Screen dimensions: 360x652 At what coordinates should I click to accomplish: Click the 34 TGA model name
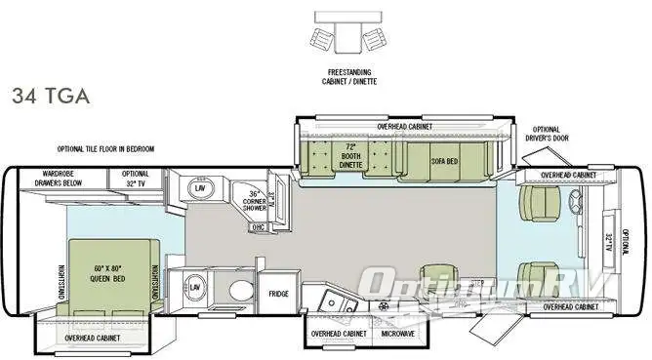click(51, 96)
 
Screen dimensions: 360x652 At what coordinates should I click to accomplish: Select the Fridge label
click(278, 294)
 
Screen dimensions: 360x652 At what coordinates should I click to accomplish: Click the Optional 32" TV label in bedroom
click(136, 179)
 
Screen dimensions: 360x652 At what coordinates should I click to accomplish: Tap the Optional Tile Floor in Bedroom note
click(104, 149)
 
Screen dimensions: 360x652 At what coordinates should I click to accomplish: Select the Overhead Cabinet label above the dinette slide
click(405, 127)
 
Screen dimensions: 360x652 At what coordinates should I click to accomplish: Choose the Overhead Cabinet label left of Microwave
click(339, 334)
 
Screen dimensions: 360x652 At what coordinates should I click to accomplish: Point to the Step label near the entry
click(477, 284)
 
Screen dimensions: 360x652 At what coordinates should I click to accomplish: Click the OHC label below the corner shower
click(259, 227)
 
